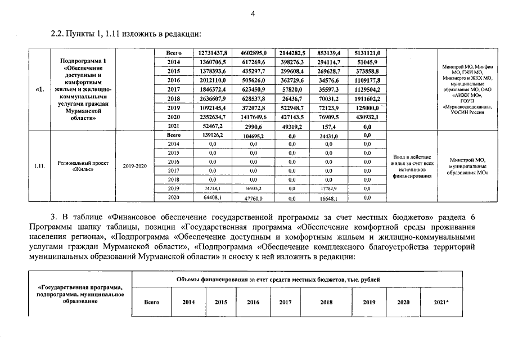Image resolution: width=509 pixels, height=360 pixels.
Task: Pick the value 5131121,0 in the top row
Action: pos(367,52)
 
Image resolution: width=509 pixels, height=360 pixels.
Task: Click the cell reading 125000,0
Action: pos(367,107)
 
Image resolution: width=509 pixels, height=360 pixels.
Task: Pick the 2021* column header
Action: pos(442,302)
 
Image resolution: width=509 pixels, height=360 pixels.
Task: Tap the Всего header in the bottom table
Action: pos(152,302)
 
